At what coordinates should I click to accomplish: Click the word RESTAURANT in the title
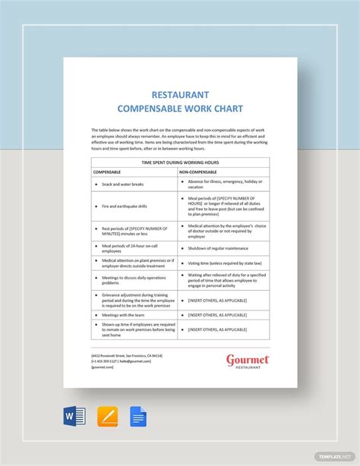(180, 95)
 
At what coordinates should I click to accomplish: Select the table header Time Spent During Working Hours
(180, 162)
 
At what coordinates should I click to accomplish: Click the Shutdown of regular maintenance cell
(219, 247)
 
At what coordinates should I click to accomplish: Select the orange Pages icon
(106, 417)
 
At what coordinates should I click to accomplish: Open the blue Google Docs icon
(138, 417)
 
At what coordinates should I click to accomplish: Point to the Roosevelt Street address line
(126, 355)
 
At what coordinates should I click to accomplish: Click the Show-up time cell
(133, 329)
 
